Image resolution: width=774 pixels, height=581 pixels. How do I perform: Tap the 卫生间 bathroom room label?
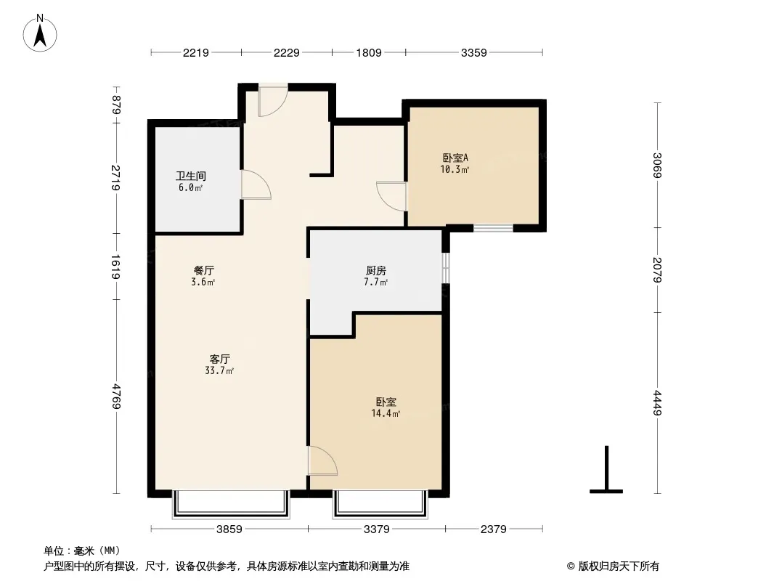pos(190,176)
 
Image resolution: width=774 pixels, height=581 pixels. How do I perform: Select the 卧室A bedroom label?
pos(455,158)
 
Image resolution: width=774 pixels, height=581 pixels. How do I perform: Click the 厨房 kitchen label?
pos(376,270)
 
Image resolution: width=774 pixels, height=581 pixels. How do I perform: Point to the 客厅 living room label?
pos(219,359)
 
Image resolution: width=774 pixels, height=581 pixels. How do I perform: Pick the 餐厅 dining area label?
pos(203,270)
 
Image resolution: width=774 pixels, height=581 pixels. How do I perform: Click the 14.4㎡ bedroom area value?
pos(386,414)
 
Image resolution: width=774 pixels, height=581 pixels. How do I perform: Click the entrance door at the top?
pos(273,101)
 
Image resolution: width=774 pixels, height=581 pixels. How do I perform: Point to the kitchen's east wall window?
pos(445,267)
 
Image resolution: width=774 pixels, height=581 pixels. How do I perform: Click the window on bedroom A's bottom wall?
pos(494,228)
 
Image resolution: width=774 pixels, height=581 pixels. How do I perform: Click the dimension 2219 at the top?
pos(196,52)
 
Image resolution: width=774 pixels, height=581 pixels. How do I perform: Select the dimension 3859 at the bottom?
pos(229,529)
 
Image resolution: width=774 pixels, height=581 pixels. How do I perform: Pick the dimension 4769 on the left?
pos(116,396)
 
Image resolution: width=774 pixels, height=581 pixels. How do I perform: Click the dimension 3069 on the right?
pos(657,166)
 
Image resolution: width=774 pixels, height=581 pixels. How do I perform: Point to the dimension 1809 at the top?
pos(369,52)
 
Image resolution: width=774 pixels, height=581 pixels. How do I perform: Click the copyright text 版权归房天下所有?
pos(619,566)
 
